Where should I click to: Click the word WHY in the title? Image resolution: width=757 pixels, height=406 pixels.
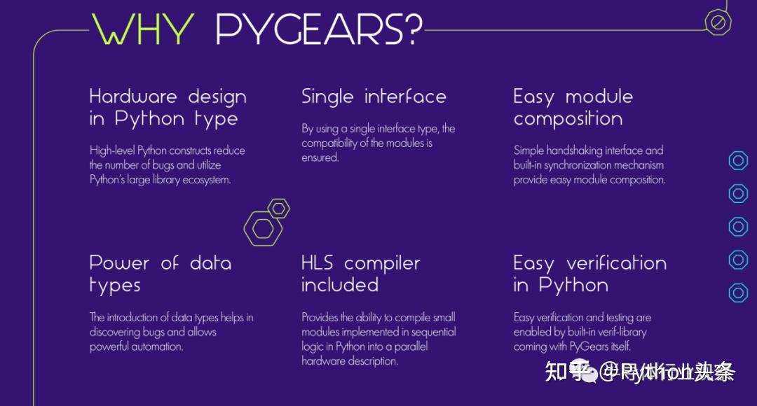142,30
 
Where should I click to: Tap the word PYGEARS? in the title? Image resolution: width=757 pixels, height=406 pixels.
319,30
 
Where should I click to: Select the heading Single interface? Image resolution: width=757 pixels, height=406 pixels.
374,97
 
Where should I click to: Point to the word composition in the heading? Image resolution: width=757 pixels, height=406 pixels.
568,119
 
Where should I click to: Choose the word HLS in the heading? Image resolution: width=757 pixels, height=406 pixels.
318,263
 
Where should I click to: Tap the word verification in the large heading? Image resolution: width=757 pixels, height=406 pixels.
616,263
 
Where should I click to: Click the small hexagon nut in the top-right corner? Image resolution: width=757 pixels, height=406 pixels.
718,22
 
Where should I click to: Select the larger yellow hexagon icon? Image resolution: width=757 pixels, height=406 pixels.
263,227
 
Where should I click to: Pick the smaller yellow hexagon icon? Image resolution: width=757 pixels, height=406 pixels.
279,208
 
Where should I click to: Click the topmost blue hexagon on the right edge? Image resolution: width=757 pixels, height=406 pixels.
738,160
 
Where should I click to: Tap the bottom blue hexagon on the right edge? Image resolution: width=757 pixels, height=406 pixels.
738,293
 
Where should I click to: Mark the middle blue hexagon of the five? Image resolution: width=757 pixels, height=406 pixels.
738,226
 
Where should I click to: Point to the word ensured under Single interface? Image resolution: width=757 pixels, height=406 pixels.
320,157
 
